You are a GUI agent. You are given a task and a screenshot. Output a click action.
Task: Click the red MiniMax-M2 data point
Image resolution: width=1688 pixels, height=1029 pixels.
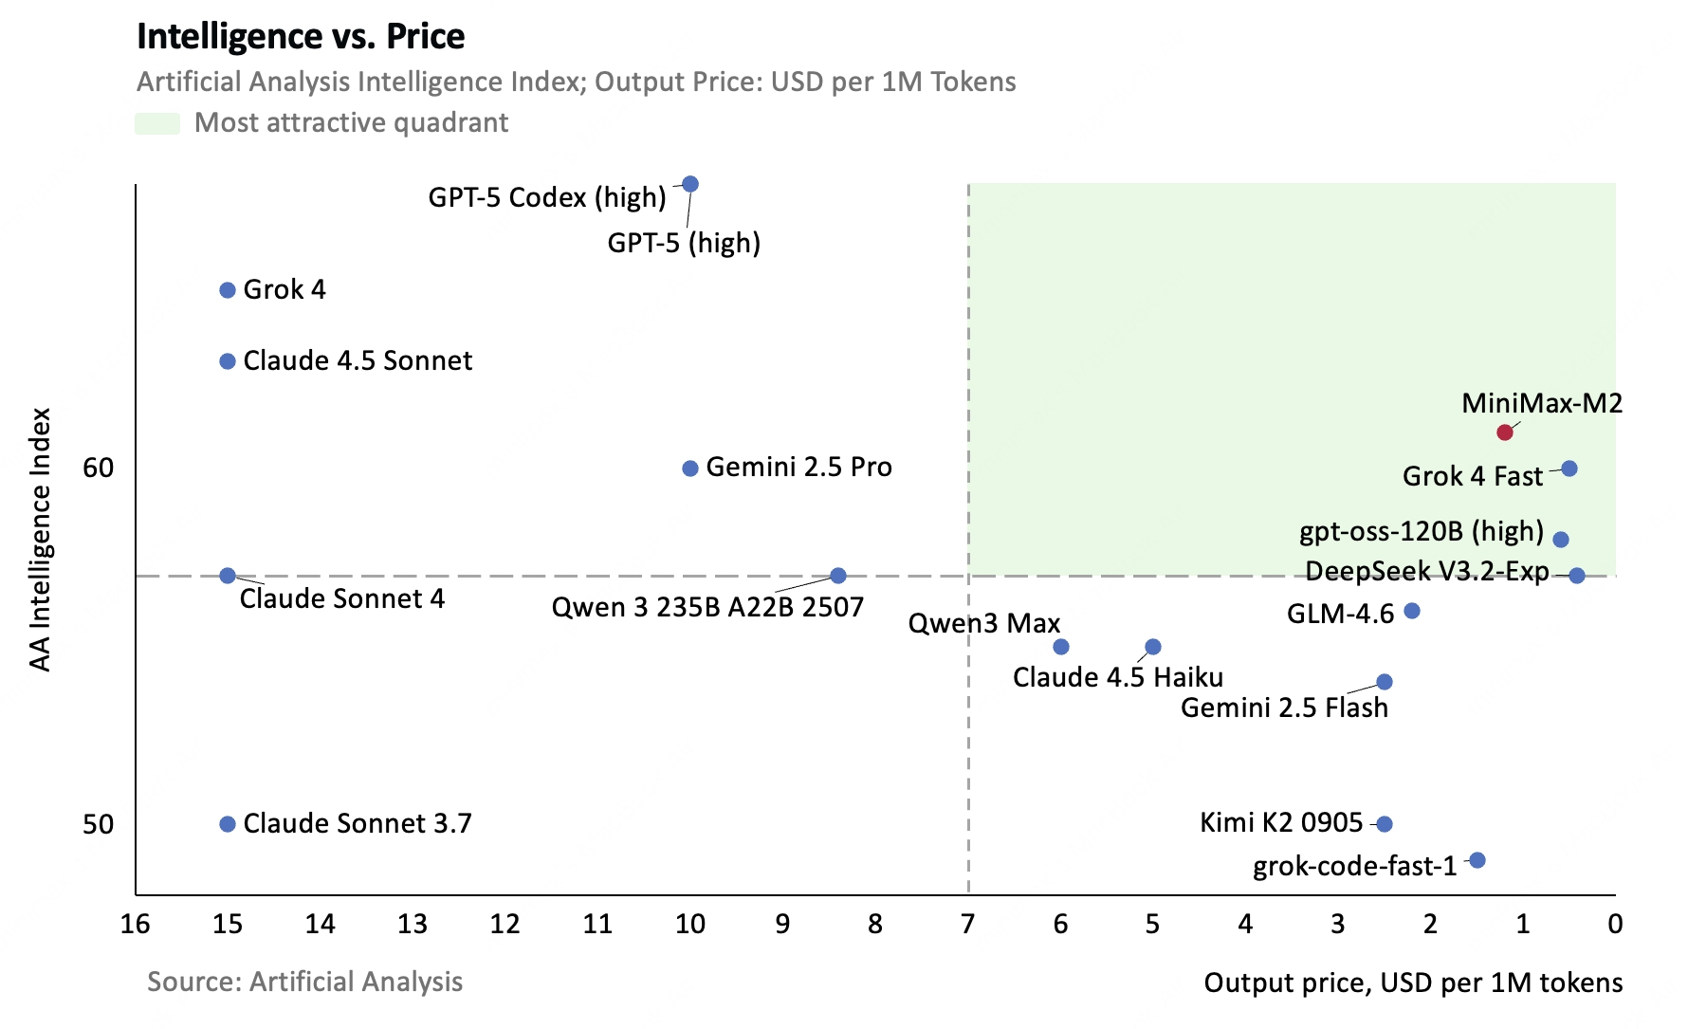pyautogui.click(x=1505, y=432)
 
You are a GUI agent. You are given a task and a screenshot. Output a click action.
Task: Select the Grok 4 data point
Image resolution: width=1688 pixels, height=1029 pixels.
pyautogui.click(x=228, y=290)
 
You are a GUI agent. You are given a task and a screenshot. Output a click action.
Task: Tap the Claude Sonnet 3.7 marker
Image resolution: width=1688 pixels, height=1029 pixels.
pyautogui.click(x=228, y=824)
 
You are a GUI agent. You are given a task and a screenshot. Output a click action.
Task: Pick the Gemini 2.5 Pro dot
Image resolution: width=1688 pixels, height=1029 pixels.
pyautogui.click(x=690, y=469)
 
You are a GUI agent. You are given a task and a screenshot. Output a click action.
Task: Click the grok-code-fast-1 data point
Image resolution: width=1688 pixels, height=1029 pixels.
pyautogui.click(x=1477, y=860)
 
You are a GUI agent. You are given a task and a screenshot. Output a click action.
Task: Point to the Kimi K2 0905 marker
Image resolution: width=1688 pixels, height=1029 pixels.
pyautogui.click(x=1385, y=824)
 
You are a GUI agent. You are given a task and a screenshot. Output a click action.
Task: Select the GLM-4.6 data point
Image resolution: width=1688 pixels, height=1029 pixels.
pyautogui.click(x=1412, y=611)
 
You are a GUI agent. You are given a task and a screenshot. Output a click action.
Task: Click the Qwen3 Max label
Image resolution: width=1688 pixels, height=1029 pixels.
pyautogui.click(x=984, y=623)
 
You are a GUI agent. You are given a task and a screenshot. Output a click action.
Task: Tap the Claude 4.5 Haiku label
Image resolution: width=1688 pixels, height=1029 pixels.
pyautogui.click(x=1118, y=677)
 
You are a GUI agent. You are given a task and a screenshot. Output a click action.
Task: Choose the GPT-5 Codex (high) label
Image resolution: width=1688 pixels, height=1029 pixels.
pyautogui.click(x=547, y=197)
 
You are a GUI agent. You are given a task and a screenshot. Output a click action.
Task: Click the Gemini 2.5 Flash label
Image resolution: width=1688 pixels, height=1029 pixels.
pyautogui.click(x=1284, y=707)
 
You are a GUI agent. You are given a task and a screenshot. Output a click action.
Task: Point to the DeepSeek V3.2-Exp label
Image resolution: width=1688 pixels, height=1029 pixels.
pyautogui.click(x=1427, y=571)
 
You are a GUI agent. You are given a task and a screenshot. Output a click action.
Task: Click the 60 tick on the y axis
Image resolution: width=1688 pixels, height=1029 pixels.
pyautogui.click(x=98, y=468)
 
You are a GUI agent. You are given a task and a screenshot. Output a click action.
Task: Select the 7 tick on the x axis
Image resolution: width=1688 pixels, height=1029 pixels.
pyautogui.click(x=968, y=924)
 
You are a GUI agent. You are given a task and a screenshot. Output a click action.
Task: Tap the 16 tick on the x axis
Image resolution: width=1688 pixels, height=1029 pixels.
pyautogui.click(x=136, y=924)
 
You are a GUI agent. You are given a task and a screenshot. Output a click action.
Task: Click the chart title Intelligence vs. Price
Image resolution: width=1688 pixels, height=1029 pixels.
pyautogui.click(x=301, y=36)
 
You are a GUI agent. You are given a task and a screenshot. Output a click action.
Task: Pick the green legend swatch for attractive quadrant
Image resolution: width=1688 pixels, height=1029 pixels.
pyautogui.click(x=157, y=123)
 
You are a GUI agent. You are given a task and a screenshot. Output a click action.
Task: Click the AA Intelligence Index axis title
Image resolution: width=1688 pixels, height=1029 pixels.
pyautogui.click(x=40, y=540)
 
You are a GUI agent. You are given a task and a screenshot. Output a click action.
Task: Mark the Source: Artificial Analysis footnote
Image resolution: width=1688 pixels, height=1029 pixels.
pyautogui.click(x=304, y=982)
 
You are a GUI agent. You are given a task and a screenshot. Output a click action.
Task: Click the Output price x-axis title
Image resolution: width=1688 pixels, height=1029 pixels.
pyautogui.click(x=1413, y=983)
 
